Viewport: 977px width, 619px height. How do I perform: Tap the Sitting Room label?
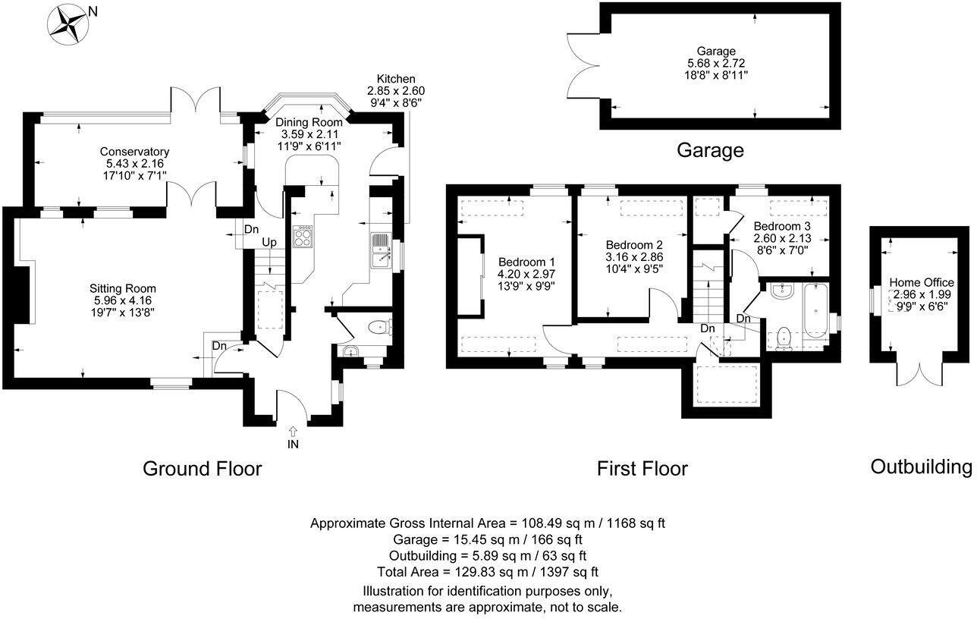[x=123, y=288]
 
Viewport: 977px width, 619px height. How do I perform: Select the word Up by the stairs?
[x=269, y=243]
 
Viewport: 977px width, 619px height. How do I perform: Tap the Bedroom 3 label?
[x=781, y=226]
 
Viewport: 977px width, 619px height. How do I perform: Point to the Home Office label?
[x=922, y=282]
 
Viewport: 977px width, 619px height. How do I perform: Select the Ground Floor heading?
[x=202, y=469]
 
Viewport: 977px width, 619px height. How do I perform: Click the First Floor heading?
[x=642, y=469]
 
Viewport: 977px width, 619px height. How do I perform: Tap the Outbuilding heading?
[x=921, y=467]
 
